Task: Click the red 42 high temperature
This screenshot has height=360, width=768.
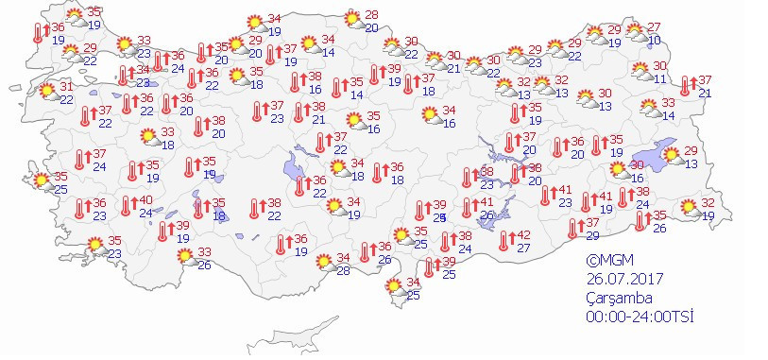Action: (x=522, y=235)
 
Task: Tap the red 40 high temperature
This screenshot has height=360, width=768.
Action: (x=145, y=200)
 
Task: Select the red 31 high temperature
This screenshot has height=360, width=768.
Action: (x=66, y=87)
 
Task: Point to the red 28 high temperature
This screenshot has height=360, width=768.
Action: (x=371, y=15)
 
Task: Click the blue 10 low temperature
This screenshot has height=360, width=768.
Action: (x=654, y=39)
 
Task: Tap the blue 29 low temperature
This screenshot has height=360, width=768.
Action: (x=592, y=235)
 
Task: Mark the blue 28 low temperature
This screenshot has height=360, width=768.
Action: (x=344, y=271)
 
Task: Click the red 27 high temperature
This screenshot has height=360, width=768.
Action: (x=654, y=26)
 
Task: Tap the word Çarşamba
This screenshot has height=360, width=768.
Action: (x=619, y=298)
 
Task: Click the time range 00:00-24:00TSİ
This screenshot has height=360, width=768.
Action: (x=640, y=317)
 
